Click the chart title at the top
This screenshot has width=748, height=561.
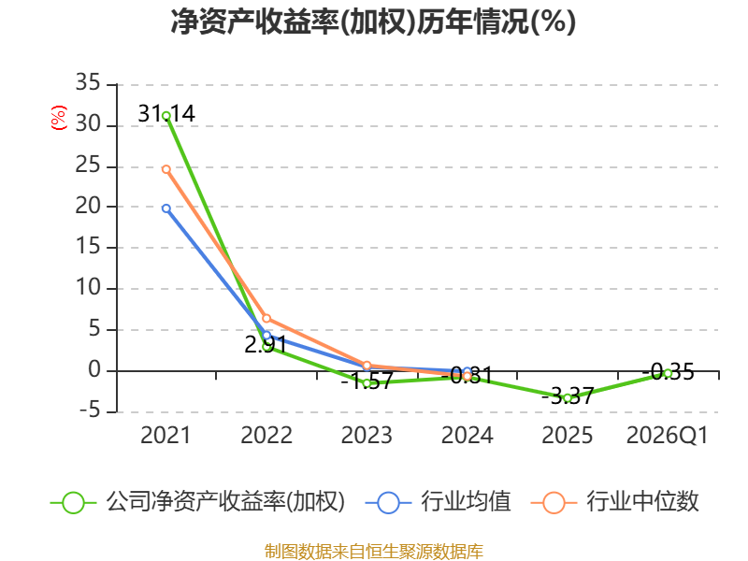click(373, 22)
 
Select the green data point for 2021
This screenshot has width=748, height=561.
click(166, 116)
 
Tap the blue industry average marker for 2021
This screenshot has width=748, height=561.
click(166, 209)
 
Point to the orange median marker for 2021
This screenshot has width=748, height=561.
click(166, 169)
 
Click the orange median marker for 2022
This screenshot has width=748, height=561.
click(266, 318)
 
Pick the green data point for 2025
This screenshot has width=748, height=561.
click(568, 398)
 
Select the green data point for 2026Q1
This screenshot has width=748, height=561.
click(668, 373)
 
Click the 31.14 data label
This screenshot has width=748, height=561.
click(166, 113)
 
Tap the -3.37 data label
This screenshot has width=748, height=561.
click(568, 396)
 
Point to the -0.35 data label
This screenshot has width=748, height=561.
click(668, 371)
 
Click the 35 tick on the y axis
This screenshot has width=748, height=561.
click(88, 82)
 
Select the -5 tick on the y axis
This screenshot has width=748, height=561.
click(90, 410)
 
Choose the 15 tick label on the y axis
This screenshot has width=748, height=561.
click(88, 247)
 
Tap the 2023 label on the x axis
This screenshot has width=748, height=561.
click(367, 435)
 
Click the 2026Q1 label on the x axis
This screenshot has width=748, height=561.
click(668, 435)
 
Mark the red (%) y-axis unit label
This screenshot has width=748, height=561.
click(59, 118)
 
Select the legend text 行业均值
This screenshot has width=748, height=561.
click(466, 502)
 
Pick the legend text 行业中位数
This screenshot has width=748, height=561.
click(642, 502)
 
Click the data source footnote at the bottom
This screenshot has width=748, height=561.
click(374, 552)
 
